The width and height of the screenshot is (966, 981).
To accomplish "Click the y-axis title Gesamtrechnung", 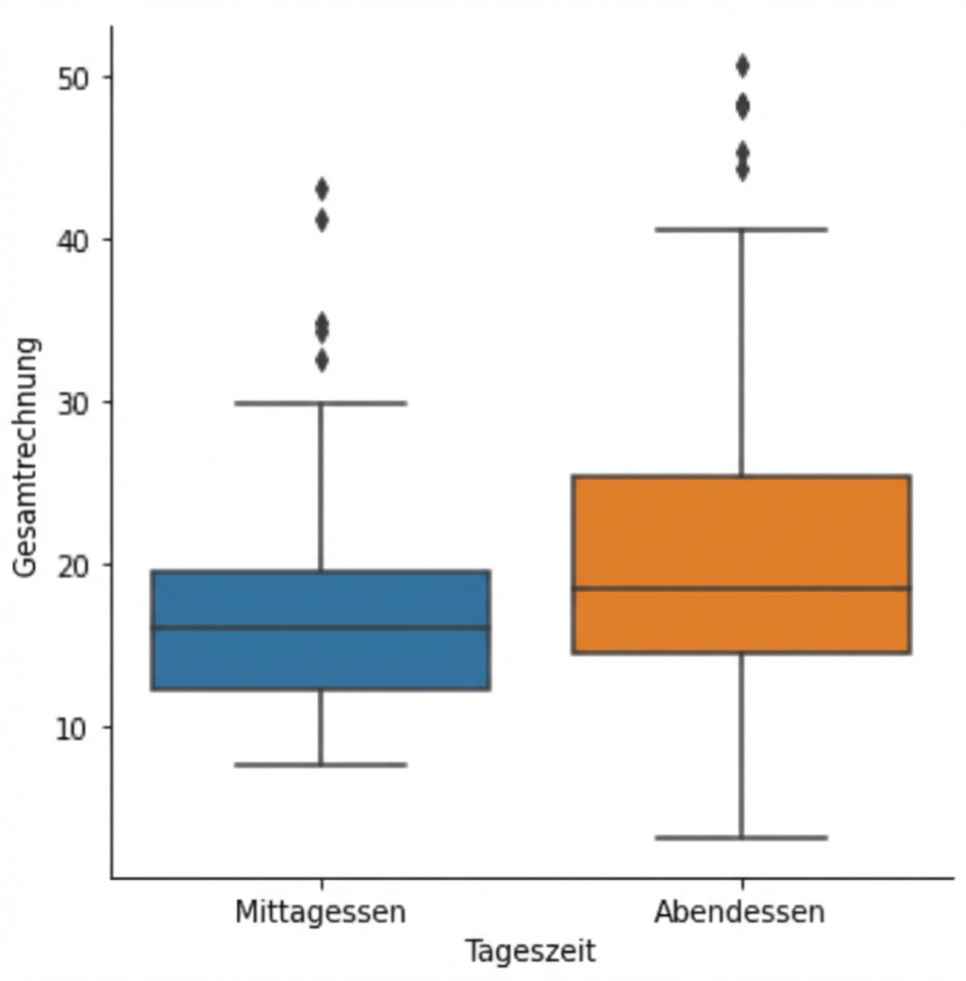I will [x=28, y=456].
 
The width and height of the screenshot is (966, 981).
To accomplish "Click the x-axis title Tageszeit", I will [x=530, y=951].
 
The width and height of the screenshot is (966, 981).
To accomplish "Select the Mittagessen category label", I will [x=321, y=912].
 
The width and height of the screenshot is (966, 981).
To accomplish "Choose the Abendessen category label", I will [x=741, y=912].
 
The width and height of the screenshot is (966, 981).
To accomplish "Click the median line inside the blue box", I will [x=321, y=627].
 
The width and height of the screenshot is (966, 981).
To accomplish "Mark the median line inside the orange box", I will [x=741, y=589].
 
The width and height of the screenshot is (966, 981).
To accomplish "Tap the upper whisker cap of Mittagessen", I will [x=321, y=403].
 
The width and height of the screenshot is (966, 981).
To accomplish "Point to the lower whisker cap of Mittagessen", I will [x=321, y=764].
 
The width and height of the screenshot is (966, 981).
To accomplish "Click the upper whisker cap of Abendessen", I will [x=741, y=229].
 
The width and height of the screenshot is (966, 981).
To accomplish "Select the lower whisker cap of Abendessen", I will [x=741, y=838].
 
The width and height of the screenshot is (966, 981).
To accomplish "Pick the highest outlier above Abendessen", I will [x=742, y=66].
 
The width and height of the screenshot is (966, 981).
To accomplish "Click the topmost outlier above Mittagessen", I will [x=322, y=189].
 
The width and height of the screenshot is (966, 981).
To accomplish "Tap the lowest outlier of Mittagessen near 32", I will [x=322, y=360].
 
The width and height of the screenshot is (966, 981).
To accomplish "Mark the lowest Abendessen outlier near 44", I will [x=742, y=171].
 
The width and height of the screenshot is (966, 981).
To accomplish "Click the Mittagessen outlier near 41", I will [x=322, y=221].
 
